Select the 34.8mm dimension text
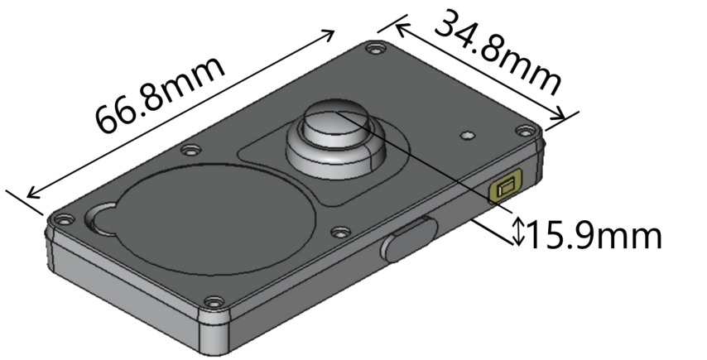[x=498, y=51]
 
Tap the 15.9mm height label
[x=594, y=235]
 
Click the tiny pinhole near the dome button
[x=467, y=132]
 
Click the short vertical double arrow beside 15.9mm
[x=518, y=229]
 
